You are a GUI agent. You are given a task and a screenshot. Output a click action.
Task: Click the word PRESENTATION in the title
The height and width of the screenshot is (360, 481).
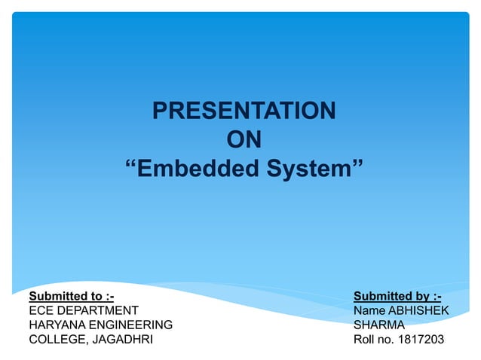(x=244, y=111)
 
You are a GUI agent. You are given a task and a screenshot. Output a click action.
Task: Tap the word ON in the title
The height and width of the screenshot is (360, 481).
(x=244, y=140)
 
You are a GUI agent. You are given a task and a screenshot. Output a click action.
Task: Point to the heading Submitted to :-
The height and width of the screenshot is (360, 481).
(x=71, y=296)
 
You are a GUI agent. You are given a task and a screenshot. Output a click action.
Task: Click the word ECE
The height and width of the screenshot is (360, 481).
(x=41, y=310)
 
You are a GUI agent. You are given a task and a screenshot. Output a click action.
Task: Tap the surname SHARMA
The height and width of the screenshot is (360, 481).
(x=379, y=325)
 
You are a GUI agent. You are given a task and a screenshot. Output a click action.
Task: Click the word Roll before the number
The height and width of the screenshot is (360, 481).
(x=365, y=340)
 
